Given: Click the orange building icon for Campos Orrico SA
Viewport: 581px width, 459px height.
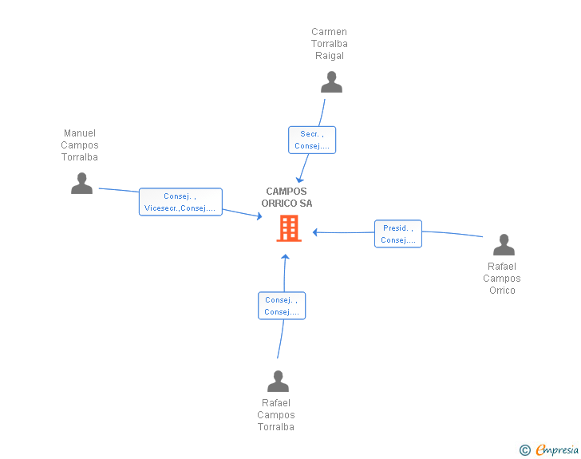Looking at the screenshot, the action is click(289, 228).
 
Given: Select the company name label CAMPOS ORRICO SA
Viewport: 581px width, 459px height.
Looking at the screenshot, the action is click(287, 197).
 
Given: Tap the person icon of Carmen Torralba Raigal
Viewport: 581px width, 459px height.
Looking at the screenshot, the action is click(331, 82).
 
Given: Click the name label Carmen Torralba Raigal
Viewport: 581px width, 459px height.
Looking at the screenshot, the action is click(330, 44).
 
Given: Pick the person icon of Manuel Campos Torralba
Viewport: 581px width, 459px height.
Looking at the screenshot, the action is click(81, 183).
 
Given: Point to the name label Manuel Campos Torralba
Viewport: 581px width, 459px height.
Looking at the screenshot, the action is click(80, 145).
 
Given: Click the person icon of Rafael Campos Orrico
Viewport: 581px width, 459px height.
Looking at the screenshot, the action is click(504, 245).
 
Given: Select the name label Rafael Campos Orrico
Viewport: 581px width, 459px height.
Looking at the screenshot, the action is click(502, 279).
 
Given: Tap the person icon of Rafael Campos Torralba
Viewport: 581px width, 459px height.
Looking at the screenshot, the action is click(278, 381).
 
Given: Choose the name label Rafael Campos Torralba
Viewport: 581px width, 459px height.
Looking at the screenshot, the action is click(276, 415).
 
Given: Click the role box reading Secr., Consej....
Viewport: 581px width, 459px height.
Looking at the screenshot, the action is click(312, 140).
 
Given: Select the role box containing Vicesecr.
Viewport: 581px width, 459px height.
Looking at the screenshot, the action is click(180, 202).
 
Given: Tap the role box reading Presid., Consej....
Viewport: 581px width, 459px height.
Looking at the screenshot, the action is click(398, 234).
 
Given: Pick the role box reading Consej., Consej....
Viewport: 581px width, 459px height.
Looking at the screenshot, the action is click(282, 306).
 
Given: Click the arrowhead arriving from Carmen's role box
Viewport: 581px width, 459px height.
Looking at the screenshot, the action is click(300, 180).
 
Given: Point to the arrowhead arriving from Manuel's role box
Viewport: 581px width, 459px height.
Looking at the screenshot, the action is click(259, 216).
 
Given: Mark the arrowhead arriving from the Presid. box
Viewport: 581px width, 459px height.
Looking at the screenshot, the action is click(315, 232).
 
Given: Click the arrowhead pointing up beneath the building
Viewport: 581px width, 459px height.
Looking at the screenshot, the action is click(286, 256).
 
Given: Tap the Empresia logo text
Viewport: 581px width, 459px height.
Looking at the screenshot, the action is click(557, 450).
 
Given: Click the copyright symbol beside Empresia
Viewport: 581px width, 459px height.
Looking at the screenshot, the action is click(525, 450).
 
